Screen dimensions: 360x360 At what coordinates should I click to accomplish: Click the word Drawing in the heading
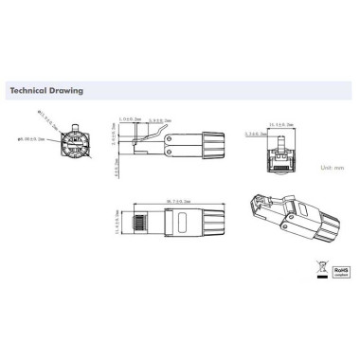68,92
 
